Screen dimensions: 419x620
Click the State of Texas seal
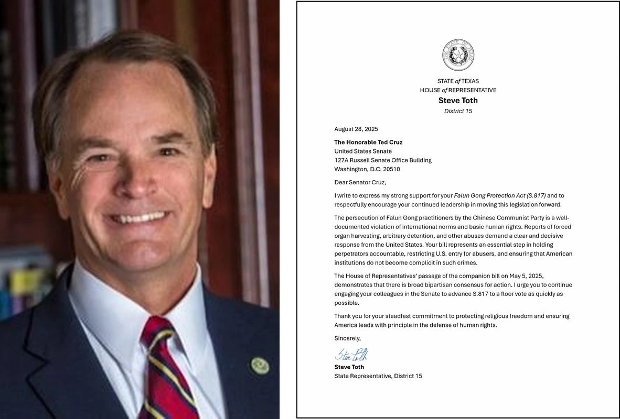[458, 55]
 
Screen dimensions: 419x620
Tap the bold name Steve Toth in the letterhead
[458, 101]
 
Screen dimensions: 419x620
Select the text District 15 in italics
[458, 111]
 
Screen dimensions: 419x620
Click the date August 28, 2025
[356, 129]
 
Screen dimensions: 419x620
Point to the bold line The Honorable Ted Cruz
[368, 142]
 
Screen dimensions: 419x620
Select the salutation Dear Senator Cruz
[360, 182]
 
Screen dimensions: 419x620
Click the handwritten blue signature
[351, 355]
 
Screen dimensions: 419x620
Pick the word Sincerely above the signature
[347, 338]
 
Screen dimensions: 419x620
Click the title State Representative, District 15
[378, 376]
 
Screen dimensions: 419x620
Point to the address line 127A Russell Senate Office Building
[383, 160]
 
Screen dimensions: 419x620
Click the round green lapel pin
[259, 365]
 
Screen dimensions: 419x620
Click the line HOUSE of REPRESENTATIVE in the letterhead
[458, 90]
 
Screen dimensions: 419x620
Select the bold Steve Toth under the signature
[349, 367]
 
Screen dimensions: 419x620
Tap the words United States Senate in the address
[363, 151]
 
